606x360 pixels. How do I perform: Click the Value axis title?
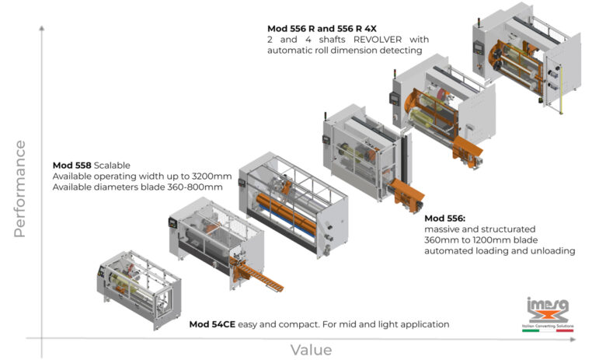coord(311,350)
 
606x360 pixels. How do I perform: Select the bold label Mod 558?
coord(72,166)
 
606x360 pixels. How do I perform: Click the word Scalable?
coord(113,166)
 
